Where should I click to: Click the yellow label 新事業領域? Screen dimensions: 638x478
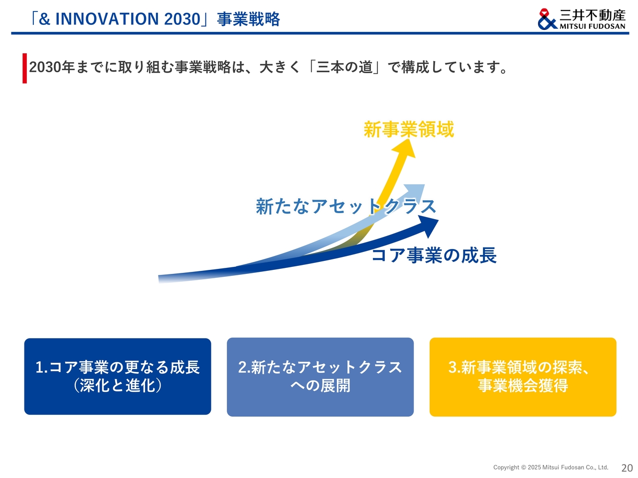point(408,129)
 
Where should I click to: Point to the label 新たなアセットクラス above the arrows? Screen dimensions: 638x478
point(345,206)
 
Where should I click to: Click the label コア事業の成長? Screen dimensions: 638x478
point(434,255)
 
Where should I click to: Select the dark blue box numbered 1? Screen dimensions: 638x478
point(118,376)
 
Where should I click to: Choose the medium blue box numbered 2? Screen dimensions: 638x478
point(320,377)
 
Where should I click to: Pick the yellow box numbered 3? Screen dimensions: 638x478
point(522,377)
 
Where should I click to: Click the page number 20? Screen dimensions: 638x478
point(627,468)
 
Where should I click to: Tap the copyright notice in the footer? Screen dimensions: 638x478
point(550,467)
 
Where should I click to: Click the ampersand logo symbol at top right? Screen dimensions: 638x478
point(547,19)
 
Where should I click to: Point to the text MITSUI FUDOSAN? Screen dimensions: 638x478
point(592,26)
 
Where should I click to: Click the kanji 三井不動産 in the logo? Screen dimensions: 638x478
point(592,15)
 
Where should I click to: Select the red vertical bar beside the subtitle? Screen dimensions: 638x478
point(25,68)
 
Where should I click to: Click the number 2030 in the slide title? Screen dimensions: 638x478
point(182,19)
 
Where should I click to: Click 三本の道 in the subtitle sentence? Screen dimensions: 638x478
point(344,67)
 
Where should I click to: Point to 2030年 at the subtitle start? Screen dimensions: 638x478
point(52,67)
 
